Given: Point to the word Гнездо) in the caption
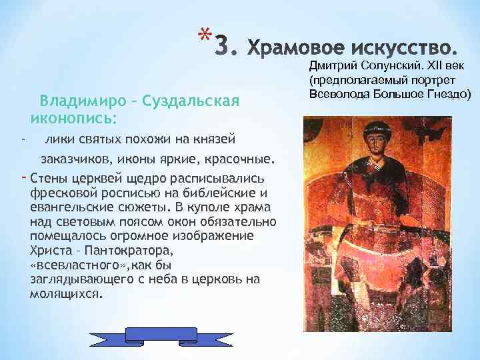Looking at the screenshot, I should pyautogui.click(x=449, y=92).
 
